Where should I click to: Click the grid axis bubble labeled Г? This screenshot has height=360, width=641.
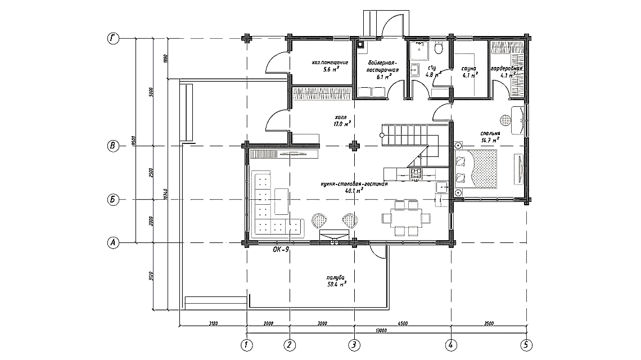114,38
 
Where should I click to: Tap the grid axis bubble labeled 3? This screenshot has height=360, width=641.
354,344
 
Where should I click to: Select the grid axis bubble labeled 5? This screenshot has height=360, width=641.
526,344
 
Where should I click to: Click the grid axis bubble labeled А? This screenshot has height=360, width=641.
114,242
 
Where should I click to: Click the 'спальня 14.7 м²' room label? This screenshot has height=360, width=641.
490,137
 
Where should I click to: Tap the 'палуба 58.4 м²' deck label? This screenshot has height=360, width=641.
336,281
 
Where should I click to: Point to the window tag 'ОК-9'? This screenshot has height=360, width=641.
281,249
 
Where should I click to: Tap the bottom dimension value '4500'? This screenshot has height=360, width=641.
402,323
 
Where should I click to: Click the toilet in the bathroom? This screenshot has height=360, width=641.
440,49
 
